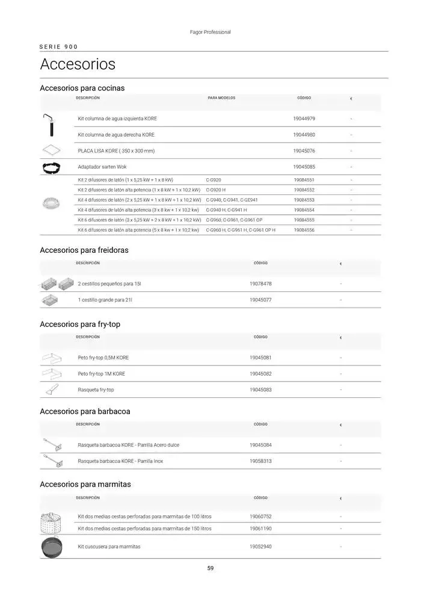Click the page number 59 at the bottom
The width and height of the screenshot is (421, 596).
tap(210, 568)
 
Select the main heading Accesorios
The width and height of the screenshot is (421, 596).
tap(78, 64)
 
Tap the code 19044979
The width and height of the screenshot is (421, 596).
tap(304, 119)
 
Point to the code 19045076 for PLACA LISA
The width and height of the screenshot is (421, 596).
tap(304, 151)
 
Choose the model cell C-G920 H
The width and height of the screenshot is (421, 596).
tap(216, 190)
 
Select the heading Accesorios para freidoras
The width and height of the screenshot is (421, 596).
tap(84, 250)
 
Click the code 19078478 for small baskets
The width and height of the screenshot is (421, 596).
tap(260, 284)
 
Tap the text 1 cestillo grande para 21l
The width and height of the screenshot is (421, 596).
tap(105, 300)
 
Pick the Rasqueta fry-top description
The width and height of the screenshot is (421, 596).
tap(96, 390)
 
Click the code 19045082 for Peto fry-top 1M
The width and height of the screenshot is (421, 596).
tap(260, 374)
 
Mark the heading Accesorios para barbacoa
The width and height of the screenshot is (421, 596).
tap(85, 412)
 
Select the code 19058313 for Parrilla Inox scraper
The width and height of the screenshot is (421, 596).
tap(260, 461)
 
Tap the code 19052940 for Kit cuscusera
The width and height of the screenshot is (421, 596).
tap(260, 547)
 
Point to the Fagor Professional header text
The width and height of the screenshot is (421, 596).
tap(210, 32)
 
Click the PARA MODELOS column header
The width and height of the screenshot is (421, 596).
tap(221, 98)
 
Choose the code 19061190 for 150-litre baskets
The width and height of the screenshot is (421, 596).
tap(260, 529)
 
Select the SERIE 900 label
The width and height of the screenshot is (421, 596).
tap(58, 46)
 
